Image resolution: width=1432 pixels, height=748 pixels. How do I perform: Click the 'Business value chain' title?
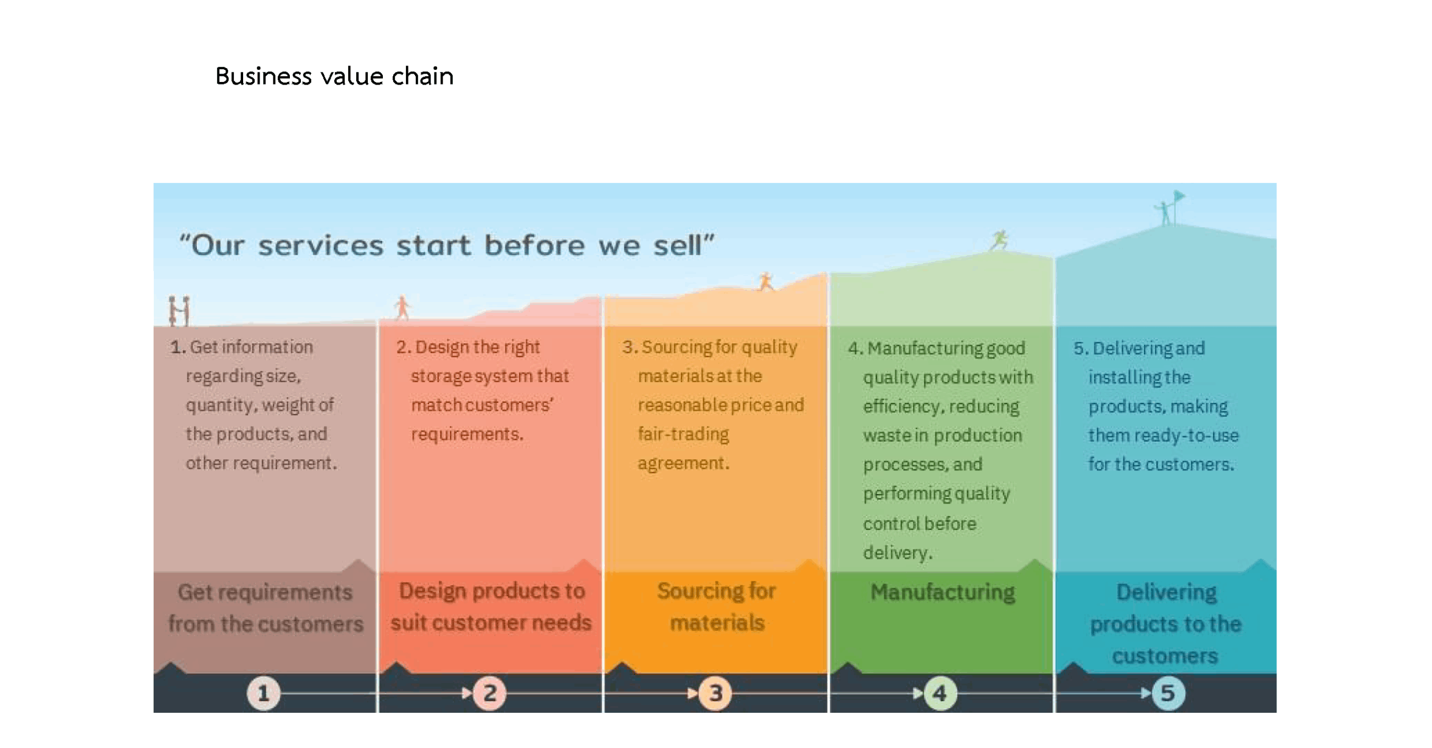(334, 77)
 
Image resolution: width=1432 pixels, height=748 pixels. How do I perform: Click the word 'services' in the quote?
(320, 246)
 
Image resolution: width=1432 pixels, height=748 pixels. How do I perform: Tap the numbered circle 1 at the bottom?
(263, 693)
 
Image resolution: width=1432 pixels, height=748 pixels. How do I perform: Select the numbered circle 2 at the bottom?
(490, 693)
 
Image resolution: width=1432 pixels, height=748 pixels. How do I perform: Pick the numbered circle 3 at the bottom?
(715, 693)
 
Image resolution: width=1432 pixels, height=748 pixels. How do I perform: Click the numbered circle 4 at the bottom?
(940, 693)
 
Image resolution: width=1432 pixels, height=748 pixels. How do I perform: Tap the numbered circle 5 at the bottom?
(1168, 693)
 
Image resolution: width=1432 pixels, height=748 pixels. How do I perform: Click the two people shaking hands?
(179, 311)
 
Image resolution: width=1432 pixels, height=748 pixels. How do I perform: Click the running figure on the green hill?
(999, 240)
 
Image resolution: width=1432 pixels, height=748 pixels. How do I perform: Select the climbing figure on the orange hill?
(765, 282)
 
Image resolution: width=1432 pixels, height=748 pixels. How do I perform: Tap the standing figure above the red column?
(402, 307)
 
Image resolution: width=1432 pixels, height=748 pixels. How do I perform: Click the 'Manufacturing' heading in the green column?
(942, 592)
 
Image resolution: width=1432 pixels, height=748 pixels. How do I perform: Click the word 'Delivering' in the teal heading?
(1166, 592)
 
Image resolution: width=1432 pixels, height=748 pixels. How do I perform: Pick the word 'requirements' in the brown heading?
(293, 592)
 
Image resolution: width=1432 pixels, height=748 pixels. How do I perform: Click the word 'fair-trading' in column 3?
(683, 434)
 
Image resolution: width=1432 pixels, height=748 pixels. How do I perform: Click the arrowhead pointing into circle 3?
(692, 693)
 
